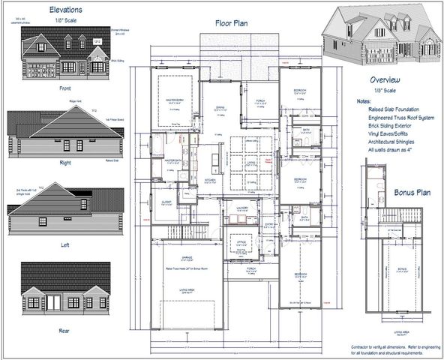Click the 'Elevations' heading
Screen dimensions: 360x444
tap(65, 10)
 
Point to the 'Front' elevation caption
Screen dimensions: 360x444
tap(64, 88)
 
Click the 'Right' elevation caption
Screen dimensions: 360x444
tap(64, 161)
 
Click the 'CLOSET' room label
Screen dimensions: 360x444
tap(166, 201)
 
